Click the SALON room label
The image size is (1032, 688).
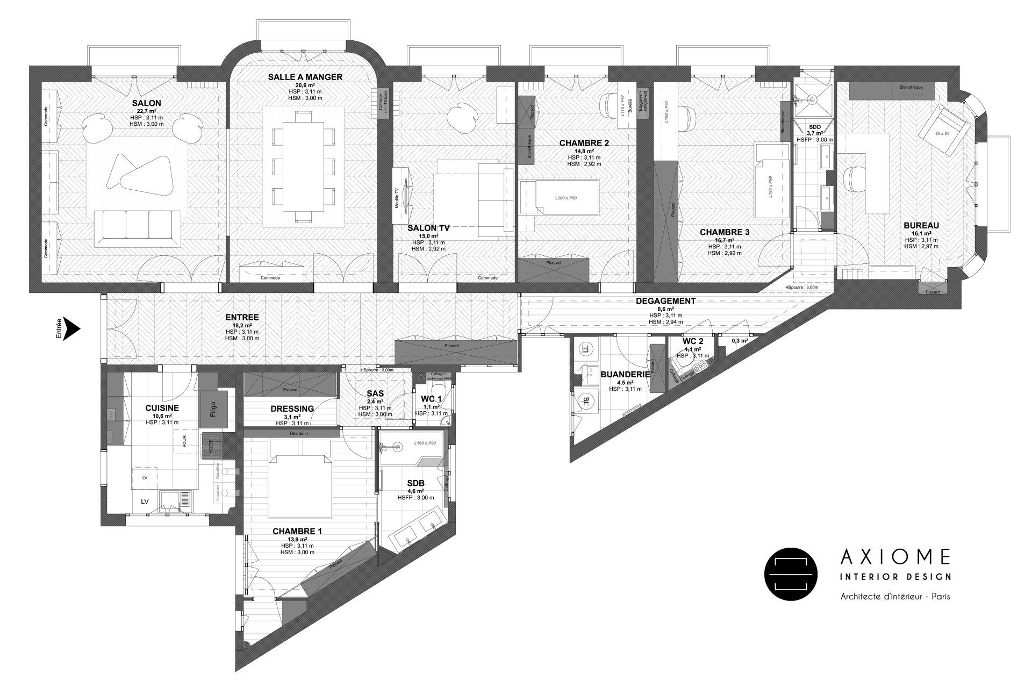coord(146,103)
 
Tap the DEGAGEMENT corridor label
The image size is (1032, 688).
coord(665,301)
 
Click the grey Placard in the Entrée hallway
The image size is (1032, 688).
coord(455,352)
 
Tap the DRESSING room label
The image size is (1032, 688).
coord(292,408)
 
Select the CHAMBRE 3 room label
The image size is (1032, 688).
coord(724,232)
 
